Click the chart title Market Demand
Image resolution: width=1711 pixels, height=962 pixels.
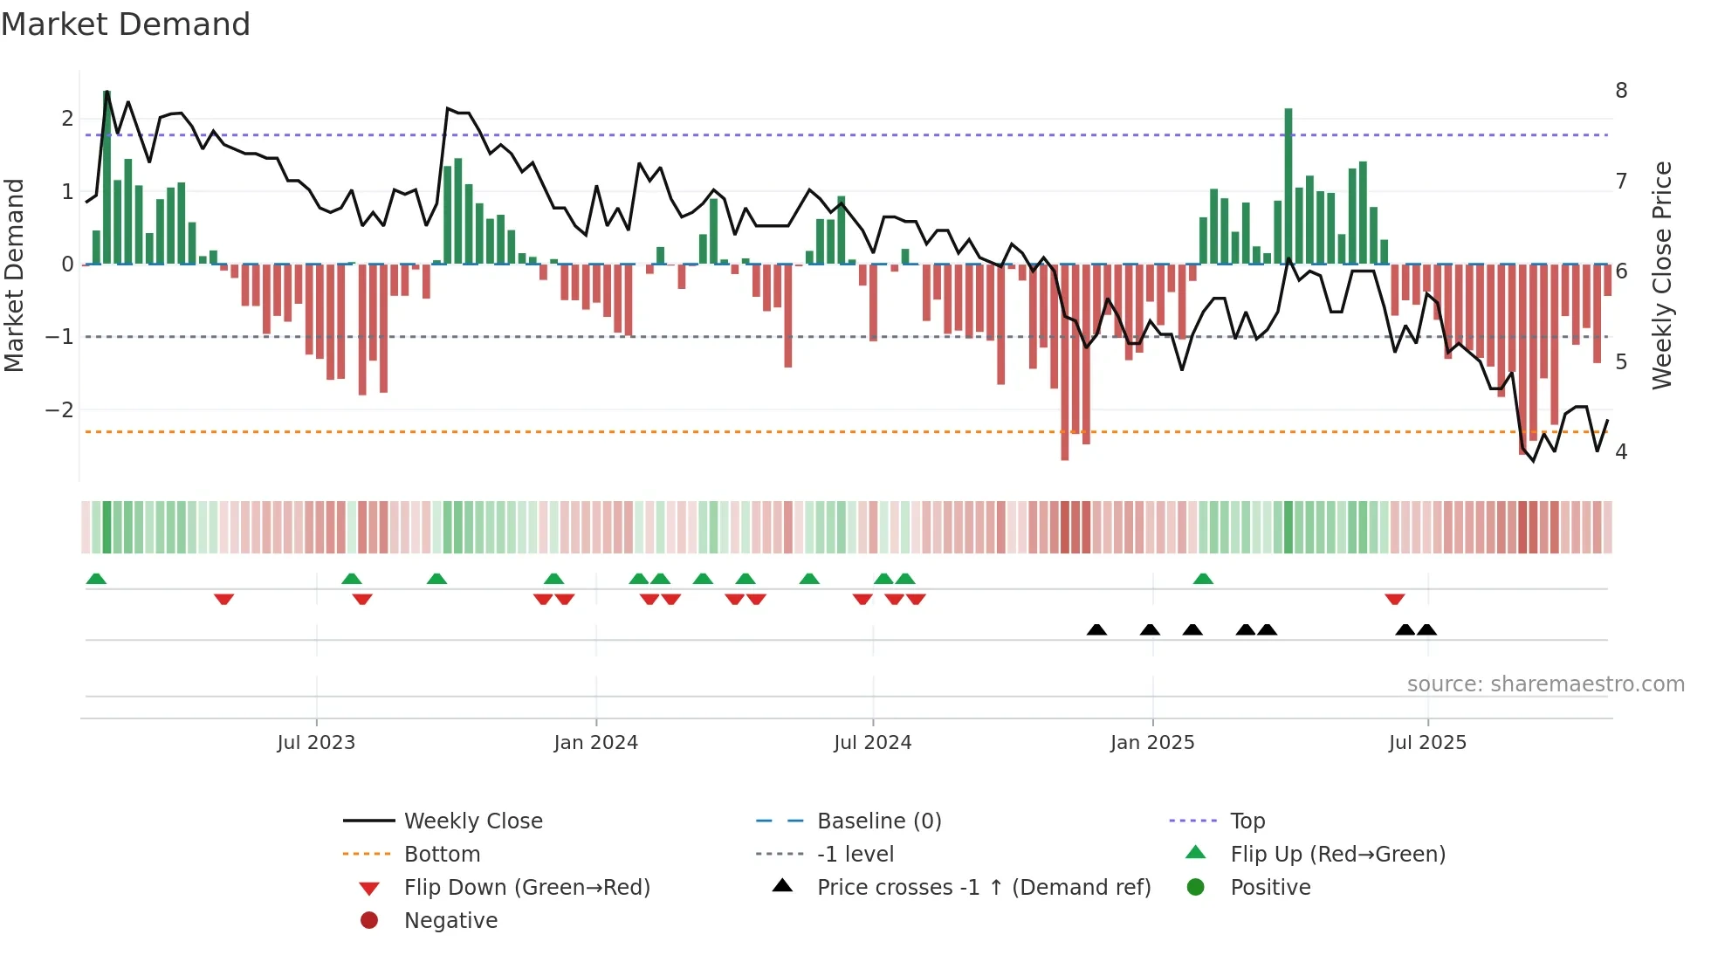click(x=126, y=24)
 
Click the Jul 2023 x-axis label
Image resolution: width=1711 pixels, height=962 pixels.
click(x=316, y=743)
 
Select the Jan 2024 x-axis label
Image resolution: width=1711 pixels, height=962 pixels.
click(x=595, y=743)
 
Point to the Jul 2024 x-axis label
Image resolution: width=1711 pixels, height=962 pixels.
click(x=872, y=743)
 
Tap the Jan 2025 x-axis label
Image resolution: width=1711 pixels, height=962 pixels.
click(x=1151, y=743)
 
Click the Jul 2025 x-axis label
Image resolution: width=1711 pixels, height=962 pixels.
click(x=1427, y=743)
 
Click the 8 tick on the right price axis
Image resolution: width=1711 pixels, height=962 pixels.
click(x=1621, y=91)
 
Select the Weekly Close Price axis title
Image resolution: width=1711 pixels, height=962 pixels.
click(x=1661, y=275)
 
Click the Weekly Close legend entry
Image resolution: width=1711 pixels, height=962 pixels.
click(x=472, y=821)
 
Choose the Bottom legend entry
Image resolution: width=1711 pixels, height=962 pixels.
click(x=442, y=855)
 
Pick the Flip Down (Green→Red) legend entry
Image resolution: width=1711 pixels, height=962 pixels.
click(x=526, y=888)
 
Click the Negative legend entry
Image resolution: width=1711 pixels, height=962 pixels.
click(x=450, y=921)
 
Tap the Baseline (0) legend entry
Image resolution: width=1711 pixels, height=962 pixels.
click(x=878, y=821)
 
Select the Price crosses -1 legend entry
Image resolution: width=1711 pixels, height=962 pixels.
click(x=983, y=888)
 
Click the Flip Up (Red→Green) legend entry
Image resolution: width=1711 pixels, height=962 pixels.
click(x=1337, y=855)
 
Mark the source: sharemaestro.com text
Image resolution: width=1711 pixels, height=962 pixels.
click(x=1545, y=684)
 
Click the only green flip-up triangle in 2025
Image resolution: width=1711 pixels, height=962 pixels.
click(x=1203, y=579)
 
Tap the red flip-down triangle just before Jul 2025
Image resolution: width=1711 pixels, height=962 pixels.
click(x=1394, y=599)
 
